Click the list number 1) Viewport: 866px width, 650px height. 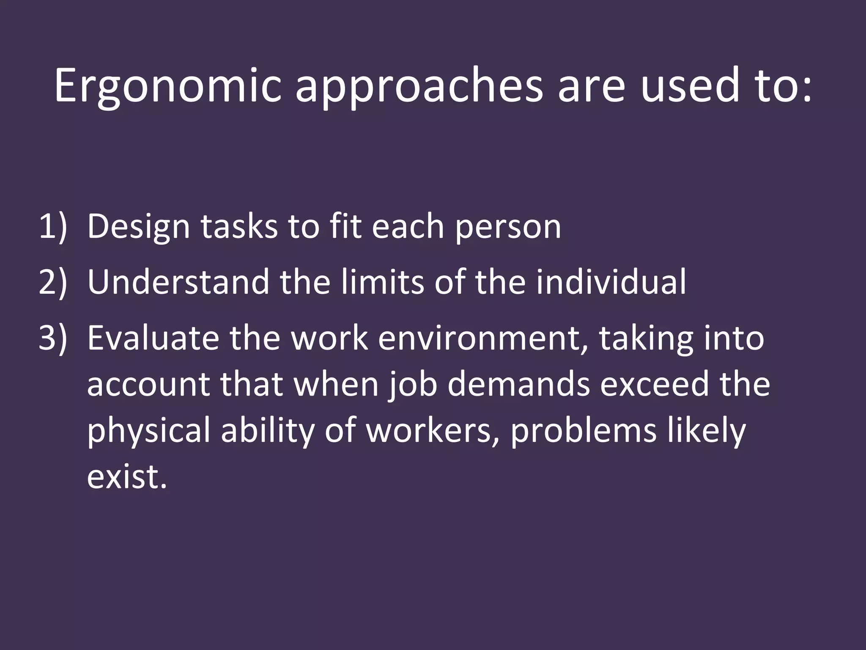coord(53,227)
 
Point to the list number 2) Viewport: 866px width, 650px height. coord(53,282)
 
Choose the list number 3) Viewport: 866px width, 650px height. coord(53,338)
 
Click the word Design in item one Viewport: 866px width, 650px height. coord(138,227)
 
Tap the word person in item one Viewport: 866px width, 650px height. coord(508,227)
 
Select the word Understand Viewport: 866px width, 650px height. coord(178,282)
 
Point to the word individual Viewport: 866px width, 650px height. coord(611,282)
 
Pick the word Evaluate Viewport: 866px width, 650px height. coord(153,338)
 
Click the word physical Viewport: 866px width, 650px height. coord(148,432)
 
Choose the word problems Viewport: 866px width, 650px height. coord(584,432)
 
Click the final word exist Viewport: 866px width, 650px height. coord(126,477)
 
